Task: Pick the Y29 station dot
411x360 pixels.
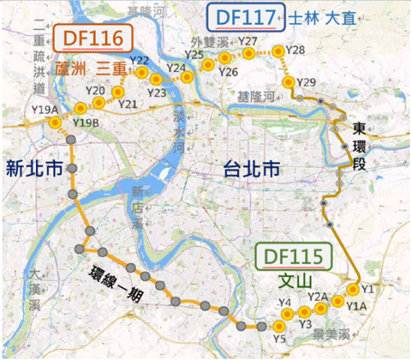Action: tap(288, 82)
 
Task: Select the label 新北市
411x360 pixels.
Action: tap(32, 168)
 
